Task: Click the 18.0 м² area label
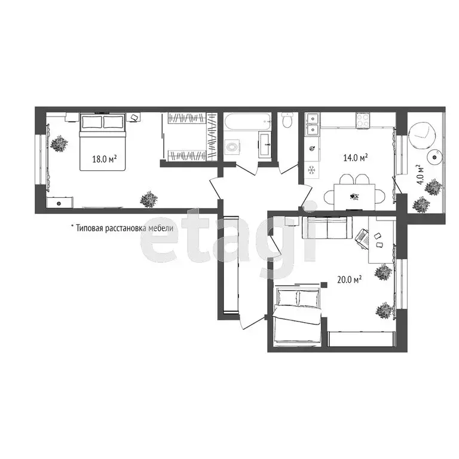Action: pos(104,159)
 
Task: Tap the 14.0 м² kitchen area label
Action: pos(355,158)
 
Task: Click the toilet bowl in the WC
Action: pos(287,122)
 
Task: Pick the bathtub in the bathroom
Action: pos(245,123)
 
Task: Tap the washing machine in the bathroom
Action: pos(232,147)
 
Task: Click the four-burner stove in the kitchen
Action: pos(363,120)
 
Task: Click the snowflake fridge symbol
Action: pos(311,170)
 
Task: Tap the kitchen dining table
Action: pos(354,196)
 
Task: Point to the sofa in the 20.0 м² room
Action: pos(326,228)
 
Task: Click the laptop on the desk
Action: pos(363,237)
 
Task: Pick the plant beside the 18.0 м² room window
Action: pos(58,144)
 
